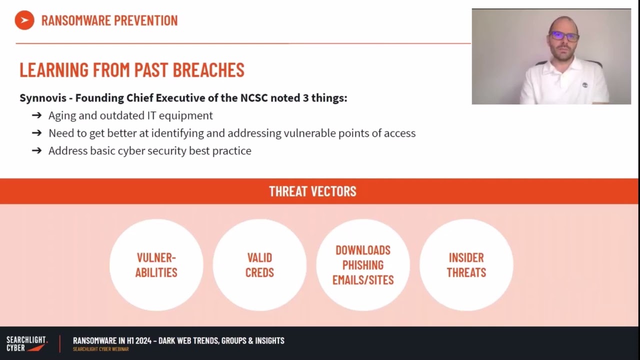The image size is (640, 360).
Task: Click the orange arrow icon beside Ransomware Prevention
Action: tap(24, 20)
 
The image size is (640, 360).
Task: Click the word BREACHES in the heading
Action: tap(208, 70)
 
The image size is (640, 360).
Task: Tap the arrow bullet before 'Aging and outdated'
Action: tap(36, 115)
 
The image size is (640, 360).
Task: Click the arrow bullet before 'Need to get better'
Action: tap(36, 133)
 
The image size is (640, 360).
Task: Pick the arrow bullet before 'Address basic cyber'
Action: tap(36, 151)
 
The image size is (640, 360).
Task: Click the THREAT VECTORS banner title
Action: tap(312, 191)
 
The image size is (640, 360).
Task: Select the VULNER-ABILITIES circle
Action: tap(156, 265)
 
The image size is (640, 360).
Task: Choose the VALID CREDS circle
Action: tap(259, 265)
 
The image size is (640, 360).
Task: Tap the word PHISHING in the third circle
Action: tap(363, 265)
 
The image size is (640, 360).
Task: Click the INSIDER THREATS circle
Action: tap(466, 265)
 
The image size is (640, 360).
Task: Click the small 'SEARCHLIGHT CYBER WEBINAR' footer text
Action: tap(100, 349)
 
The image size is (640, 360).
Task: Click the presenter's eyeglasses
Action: tap(564, 36)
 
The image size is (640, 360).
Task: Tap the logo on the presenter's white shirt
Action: tap(584, 85)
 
